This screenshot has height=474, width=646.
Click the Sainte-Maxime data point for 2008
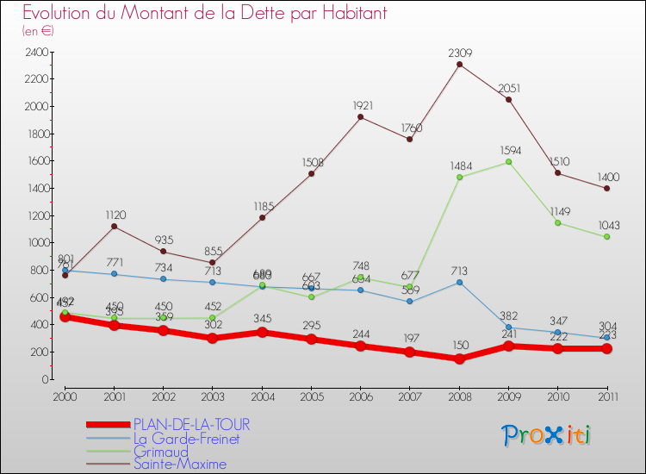tap(459, 64)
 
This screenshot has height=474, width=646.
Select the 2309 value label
tap(459, 53)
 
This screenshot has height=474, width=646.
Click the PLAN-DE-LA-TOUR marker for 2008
tap(459, 359)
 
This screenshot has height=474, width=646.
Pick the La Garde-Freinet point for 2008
tap(459, 282)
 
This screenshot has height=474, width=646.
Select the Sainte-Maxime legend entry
tap(179, 464)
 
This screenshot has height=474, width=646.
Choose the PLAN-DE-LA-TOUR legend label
tap(190, 425)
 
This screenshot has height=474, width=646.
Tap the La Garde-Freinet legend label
tap(186, 438)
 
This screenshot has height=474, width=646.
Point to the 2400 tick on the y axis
tap(37, 52)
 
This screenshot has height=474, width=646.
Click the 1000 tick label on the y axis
tap(37, 243)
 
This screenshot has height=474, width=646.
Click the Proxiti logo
tap(546, 435)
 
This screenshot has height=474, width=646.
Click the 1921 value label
tap(362, 105)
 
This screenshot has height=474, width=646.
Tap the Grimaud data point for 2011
tap(606, 236)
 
